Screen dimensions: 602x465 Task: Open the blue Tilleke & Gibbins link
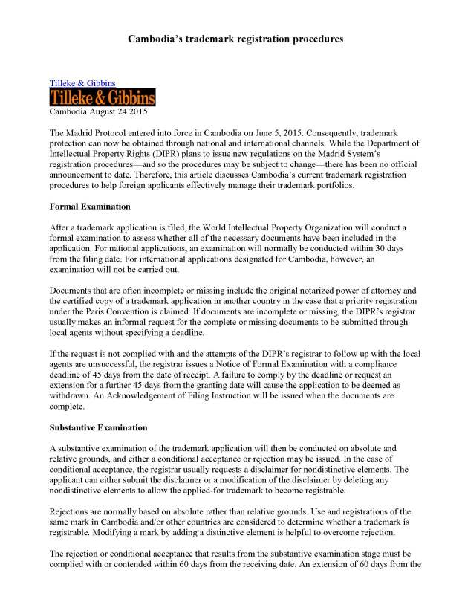(82, 83)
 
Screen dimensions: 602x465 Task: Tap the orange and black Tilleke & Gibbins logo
(102, 97)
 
